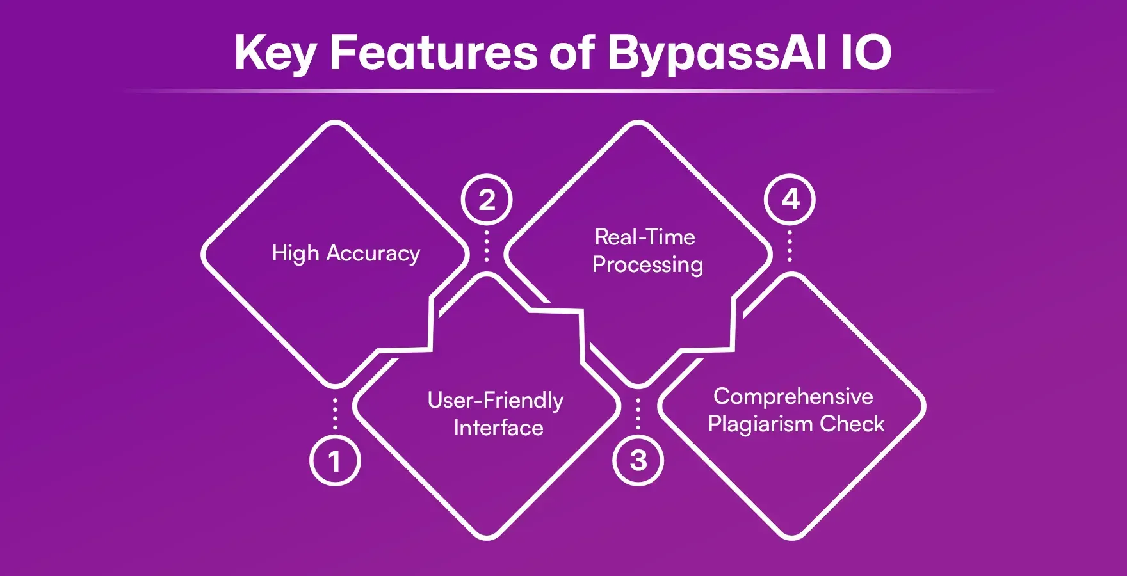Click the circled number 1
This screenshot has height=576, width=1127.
tap(335, 461)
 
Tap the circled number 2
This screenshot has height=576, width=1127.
tap(487, 200)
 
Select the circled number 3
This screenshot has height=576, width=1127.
tap(638, 461)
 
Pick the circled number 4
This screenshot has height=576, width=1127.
tap(790, 200)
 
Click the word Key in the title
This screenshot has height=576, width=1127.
tap(275, 53)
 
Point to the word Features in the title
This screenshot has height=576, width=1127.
tap(434, 52)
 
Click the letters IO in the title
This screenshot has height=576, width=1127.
tap(866, 52)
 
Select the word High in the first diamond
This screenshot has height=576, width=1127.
tap(295, 253)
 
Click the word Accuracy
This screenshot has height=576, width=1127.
tap(373, 254)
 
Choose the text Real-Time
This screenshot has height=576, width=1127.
tap(645, 237)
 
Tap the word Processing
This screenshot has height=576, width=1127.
tap(647, 265)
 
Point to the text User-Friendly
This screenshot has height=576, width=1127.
tap(496, 401)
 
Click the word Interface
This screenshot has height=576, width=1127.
tap(498, 428)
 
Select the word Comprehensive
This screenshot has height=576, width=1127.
tap(793, 397)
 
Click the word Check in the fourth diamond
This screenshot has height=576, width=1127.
tap(852, 424)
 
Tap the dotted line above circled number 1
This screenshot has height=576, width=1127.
tap(335, 413)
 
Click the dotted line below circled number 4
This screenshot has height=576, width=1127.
tap(790, 246)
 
